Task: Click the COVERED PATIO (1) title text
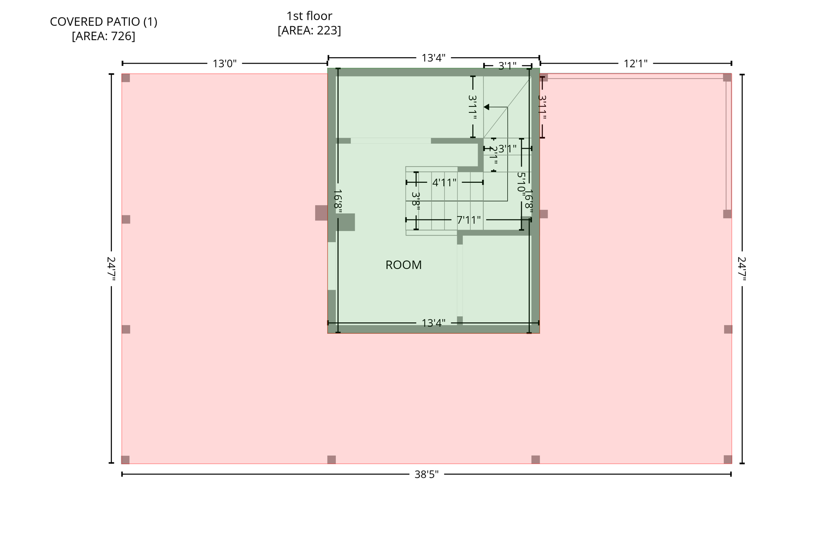(x=104, y=22)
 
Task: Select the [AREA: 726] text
(x=104, y=36)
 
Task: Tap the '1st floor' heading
(x=309, y=16)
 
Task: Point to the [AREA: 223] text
(x=309, y=30)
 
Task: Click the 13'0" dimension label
(x=224, y=64)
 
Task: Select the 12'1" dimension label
(x=635, y=64)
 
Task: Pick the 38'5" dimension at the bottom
(x=426, y=474)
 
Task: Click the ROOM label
(x=403, y=265)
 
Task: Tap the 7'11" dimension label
(x=468, y=220)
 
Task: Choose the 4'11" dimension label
(x=444, y=183)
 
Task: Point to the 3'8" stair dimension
(x=416, y=199)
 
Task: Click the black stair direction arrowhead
(x=486, y=107)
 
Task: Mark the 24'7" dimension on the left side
(x=111, y=269)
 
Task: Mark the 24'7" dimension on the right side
(x=742, y=269)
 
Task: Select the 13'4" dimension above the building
(x=433, y=58)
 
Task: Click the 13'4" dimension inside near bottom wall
(x=433, y=323)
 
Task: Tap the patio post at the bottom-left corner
(x=125, y=460)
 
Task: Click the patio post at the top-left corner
(x=126, y=78)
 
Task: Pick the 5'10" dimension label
(x=521, y=182)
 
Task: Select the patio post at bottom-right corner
(x=728, y=459)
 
